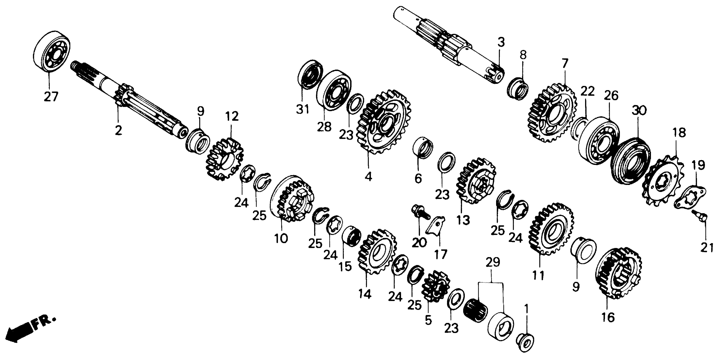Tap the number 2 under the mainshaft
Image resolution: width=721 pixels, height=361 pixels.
click(x=118, y=130)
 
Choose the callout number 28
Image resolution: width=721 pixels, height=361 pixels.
click(x=324, y=127)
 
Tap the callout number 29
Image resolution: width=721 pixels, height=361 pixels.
click(x=493, y=262)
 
